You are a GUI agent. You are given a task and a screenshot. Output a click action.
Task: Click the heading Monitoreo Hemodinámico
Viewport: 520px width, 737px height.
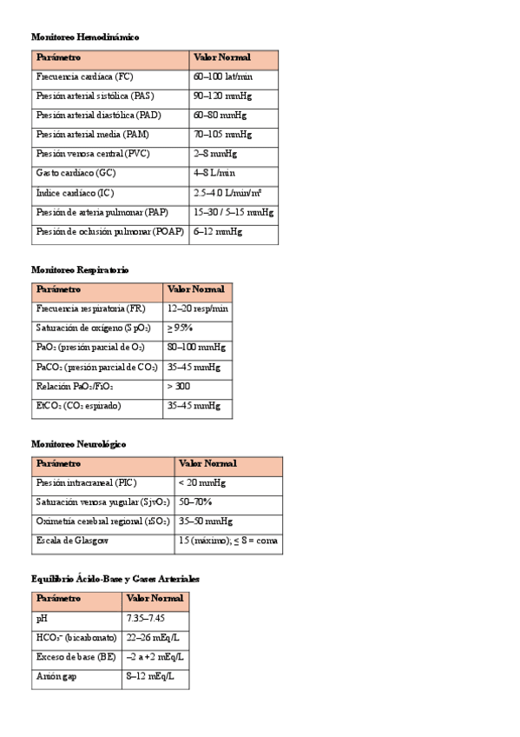pyautogui.click(x=85, y=37)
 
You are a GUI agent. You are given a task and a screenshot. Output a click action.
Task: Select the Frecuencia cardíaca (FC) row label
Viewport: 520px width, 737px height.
pyautogui.click(x=85, y=76)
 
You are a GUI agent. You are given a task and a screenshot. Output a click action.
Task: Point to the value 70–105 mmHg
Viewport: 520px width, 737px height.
pyautogui.click(x=223, y=135)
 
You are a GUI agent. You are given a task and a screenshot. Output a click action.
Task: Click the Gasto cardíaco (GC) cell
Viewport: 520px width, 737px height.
pyautogui.click(x=76, y=173)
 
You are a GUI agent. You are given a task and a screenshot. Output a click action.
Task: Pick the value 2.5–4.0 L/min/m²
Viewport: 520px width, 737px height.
pyautogui.click(x=228, y=193)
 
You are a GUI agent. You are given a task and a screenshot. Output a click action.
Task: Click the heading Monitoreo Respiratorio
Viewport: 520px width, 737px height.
pyautogui.click(x=80, y=270)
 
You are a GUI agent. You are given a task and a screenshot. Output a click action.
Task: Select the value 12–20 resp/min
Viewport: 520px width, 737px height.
pyautogui.click(x=198, y=309)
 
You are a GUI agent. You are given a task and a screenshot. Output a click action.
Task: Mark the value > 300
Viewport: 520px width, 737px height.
pyautogui.click(x=179, y=386)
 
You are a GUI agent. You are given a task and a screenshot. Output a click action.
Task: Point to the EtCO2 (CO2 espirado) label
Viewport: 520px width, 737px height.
pyautogui.click(x=79, y=406)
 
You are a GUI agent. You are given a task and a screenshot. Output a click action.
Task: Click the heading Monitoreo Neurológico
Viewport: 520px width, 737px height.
pyautogui.click(x=78, y=444)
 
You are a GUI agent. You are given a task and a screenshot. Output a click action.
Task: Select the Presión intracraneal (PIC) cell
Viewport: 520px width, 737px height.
pyautogui.click(x=87, y=482)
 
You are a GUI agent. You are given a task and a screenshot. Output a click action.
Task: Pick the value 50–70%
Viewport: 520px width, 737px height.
pyautogui.click(x=195, y=502)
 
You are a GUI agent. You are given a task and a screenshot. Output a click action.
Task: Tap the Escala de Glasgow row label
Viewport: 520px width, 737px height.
pyautogui.click(x=72, y=541)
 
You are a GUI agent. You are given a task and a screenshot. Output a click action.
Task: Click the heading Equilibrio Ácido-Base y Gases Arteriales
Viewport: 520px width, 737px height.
pyautogui.click(x=115, y=578)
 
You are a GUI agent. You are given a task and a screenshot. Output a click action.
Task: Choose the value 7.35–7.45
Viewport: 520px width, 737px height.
pyautogui.click(x=146, y=619)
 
